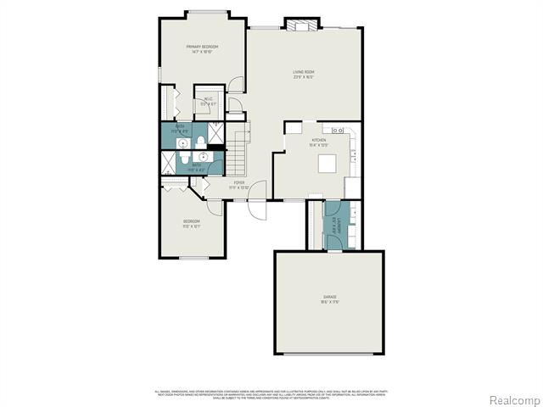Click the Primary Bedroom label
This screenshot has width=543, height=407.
pos(204,48)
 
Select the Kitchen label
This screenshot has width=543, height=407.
pos(319,142)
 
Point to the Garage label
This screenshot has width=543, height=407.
pos(329,299)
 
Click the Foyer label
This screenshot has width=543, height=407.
pos(239,183)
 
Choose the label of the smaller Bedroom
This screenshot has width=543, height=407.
pos(191,224)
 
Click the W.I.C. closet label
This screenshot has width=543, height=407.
pos(207,101)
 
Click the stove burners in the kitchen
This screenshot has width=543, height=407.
pos(337,131)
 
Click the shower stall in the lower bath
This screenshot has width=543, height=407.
pos(169,160)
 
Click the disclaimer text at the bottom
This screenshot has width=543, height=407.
pos(271,393)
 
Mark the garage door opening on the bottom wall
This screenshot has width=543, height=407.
pos(329,354)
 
